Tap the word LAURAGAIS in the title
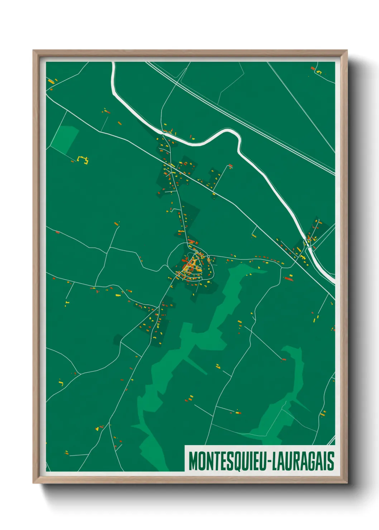click(x=303, y=461)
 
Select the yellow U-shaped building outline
click(x=83, y=160)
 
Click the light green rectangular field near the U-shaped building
click(x=65, y=139)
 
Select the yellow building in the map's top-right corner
click(x=318, y=73)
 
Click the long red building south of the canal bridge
click(x=288, y=278)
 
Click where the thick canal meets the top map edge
click(x=113, y=63)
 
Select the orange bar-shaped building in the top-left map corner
click(x=51, y=82)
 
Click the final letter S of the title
click(x=331, y=461)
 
